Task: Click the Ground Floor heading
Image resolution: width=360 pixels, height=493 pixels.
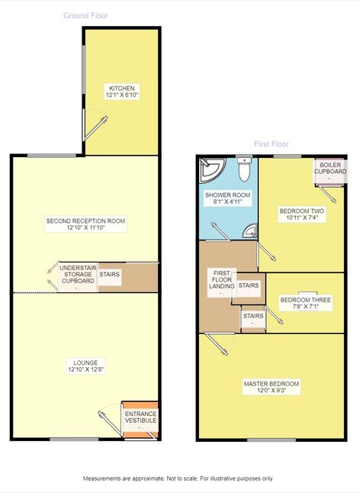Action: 85,15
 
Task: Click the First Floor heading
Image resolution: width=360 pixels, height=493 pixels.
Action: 272,144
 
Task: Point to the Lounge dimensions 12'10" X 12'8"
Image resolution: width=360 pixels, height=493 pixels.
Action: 85,369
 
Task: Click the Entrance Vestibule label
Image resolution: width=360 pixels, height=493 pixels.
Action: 141,417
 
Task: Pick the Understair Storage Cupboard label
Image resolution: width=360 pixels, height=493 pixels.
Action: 79,275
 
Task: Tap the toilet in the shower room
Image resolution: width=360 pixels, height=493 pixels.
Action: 244,169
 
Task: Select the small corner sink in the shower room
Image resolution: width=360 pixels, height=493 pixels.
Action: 251,231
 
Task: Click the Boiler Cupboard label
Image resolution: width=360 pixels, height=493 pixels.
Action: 330,168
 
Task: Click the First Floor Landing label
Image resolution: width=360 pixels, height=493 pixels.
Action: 222,279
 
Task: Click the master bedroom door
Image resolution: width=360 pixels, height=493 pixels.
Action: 217,344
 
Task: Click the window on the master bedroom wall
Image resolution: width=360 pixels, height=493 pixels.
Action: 272,440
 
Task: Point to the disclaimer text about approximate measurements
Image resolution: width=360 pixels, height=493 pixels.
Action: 178,478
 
